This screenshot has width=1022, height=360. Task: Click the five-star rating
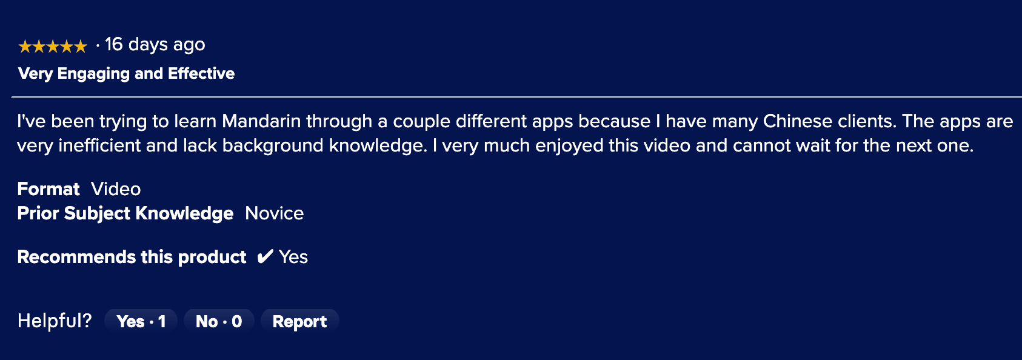point(53,46)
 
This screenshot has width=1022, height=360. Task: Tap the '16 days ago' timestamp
point(155,44)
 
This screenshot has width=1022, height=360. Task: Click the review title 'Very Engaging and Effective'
point(126,73)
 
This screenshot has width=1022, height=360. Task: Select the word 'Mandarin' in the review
point(261,121)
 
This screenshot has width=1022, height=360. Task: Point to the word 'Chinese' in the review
point(798,121)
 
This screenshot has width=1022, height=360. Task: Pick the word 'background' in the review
point(273,146)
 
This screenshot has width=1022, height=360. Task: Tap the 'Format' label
point(48,189)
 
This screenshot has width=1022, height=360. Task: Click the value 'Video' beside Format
point(116,189)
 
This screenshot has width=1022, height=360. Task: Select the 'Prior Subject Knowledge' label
point(125,213)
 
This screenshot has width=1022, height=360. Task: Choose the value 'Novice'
point(274,213)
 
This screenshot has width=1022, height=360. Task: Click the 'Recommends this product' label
point(132,257)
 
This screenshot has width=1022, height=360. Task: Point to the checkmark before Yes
point(265,257)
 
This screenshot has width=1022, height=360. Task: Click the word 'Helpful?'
point(55,321)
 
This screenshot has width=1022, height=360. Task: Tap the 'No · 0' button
point(219,321)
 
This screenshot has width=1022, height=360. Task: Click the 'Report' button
point(299,321)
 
